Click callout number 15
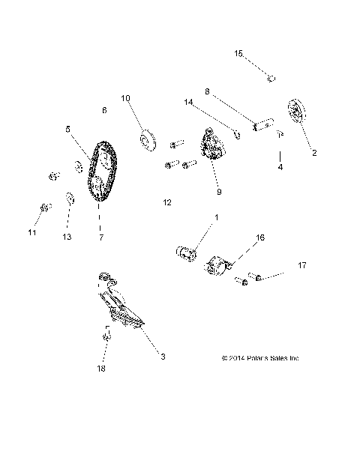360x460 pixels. click(238, 53)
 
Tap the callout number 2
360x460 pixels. click(314, 153)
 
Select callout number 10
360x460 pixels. click(125, 97)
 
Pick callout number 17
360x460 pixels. click(302, 265)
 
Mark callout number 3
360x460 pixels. click(163, 357)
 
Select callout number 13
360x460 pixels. click(67, 237)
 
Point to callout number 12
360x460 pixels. click(166, 202)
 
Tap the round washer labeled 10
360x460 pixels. click(145, 139)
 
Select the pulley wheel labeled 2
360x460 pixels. click(297, 114)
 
